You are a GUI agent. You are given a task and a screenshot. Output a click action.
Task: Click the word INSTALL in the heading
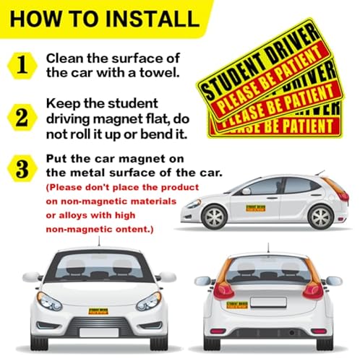coord(150,17)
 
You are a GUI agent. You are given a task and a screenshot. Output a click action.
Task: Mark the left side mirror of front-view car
coord(31,277)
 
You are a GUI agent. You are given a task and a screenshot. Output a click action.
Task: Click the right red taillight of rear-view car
coord(313,290)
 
